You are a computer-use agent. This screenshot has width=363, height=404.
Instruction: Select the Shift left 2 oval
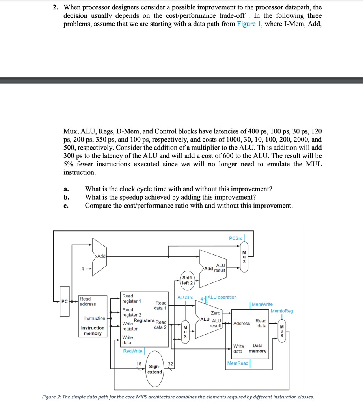pyautogui.click(x=187, y=280)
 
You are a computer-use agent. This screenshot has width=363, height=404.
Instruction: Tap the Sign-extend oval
pyautogui.click(x=155, y=369)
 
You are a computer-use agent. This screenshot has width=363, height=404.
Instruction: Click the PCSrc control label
pyautogui.click(x=236, y=238)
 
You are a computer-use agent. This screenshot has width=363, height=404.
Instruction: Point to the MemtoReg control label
pyautogui.click(x=282, y=311)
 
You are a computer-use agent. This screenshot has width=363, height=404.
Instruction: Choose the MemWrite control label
pyautogui.click(x=262, y=304)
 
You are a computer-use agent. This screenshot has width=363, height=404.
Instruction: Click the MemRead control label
pyautogui.click(x=238, y=363)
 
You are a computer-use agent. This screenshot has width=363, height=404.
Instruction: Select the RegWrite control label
pyautogui.click(x=133, y=351)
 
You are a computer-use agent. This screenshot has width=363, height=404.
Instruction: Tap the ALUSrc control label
pyautogui.click(x=185, y=297)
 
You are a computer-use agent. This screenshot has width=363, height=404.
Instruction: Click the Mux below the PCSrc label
pyautogui.click(x=244, y=256)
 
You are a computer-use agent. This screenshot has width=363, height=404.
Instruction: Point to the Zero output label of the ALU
pyautogui.click(x=216, y=313)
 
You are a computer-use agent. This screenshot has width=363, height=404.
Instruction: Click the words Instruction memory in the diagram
pyautogui.click(x=93, y=331)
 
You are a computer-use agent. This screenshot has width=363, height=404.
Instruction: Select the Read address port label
pyautogui.click(x=88, y=301)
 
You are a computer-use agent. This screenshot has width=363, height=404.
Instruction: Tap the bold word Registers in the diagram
pyautogui.click(x=144, y=320)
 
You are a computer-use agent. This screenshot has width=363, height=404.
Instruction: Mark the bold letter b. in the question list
pyautogui.click(x=66, y=197)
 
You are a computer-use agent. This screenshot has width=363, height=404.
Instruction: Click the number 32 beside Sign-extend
pyautogui.click(x=170, y=364)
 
